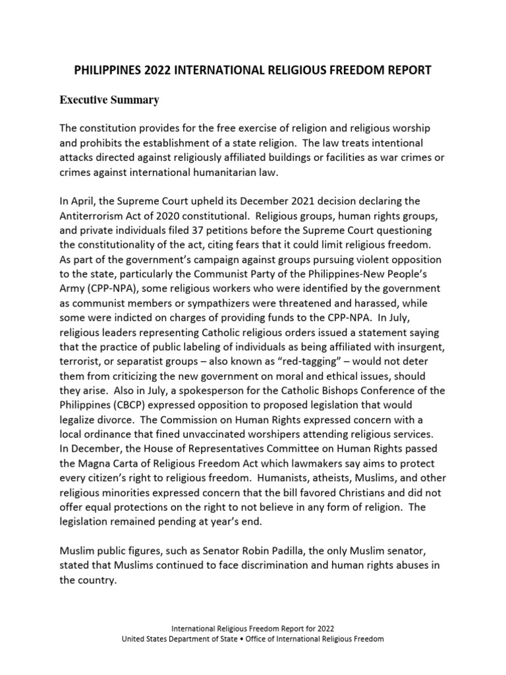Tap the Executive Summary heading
pyautogui.click(x=109, y=100)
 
